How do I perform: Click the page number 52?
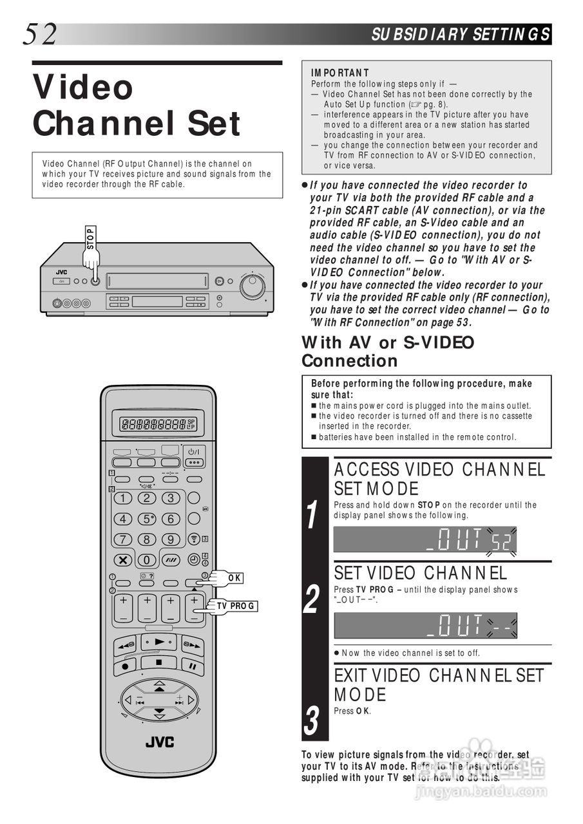pyautogui.click(x=40, y=33)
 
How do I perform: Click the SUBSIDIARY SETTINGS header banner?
pyautogui.click(x=460, y=34)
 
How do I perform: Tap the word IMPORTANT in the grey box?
pyautogui.click(x=339, y=73)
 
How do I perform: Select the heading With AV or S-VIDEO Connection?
pyautogui.click(x=388, y=351)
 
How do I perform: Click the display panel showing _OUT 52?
pyautogui.click(x=425, y=539)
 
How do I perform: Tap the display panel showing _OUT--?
pyautogui.click(x=425, y=625)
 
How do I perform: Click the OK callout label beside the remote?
pyautogui.click(x=234, y=577)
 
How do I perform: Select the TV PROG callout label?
pyautogui.click(x=236, y=606)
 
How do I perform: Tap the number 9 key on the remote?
pyautogui.click(x=171, y=539)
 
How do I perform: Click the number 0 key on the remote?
pyautogui.click(x=147, y=559)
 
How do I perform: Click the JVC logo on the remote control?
pyautogui.click(x=158, y=742)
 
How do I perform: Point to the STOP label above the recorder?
pyautogui.click(x=90, y=238)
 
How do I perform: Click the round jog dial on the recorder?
pyautogui.click(x=251, y=285)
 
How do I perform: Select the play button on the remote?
pyautogui.click(x=158, y=641)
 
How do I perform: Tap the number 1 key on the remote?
pyautogui.click(x=122, y=498)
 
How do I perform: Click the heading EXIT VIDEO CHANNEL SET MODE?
pyautogui.click(x=439, y=685)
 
